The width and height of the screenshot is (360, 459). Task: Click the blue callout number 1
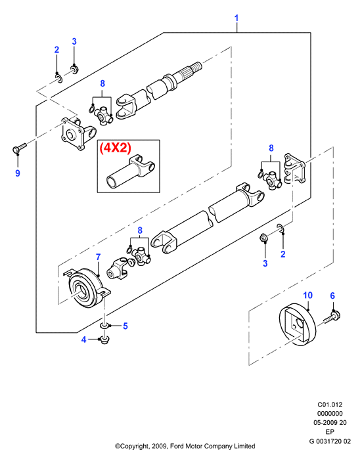pyautogui.click(x=236, y=18)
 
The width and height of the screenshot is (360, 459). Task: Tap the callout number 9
pyautogui.click(x=18, y=173)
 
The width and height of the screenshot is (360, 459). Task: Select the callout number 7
pyautogui.click(x=99, y=257)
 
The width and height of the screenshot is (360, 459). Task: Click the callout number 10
pyautogui.click(x=308, y=295)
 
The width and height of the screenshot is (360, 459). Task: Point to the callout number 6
pyautogui.click(x=332, y=295)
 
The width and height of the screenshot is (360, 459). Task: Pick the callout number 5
pyautogui.click(x=125, y=326)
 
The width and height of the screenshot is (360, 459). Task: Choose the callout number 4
pyautogui.click(x=84, y=339)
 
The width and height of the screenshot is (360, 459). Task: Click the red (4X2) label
pyautogui.click(x=115, y=148)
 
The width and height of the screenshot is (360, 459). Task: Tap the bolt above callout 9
pyautogui.click(x=19, y=148)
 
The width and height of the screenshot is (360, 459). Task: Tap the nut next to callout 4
pyautogui.click(x=104, y=340)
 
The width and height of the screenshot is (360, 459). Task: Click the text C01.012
pyautogui.click(x=330, y=405)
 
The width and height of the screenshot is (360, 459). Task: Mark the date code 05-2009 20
pyautogui.click(x=330, y=423)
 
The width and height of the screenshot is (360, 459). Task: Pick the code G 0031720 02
pyautogui.click(x=330, y=441)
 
